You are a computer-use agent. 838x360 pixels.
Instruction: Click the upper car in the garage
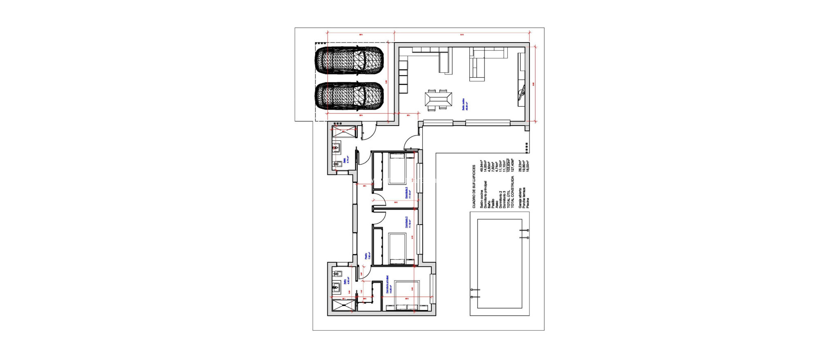point(349,61)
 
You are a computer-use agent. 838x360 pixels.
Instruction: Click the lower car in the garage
point(349,97)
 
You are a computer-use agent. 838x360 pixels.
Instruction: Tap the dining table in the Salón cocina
point(438,100)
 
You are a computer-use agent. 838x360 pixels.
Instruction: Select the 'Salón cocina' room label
point(464,105)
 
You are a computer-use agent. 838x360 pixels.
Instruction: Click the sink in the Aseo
point(337,148)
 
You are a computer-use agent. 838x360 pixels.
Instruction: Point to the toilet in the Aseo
point(338,164)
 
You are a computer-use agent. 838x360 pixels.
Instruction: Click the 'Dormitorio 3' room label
point(407,193)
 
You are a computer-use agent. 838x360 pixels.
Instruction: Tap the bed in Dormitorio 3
point(397,168)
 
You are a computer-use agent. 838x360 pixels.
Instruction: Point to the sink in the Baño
point(336,288)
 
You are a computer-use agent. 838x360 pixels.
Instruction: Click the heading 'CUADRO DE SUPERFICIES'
point(474,187)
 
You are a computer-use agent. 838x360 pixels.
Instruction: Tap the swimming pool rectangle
point(500,263)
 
